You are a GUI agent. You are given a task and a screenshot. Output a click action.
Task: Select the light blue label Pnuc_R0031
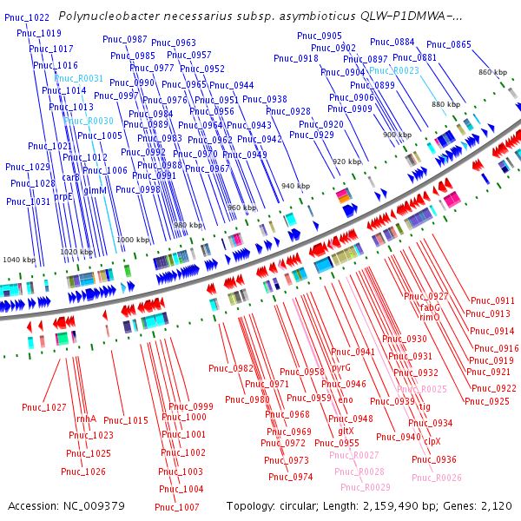point(79,78)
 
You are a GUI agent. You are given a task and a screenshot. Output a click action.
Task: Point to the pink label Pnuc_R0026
point(437,478)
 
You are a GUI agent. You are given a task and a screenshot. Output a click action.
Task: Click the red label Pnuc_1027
point(44,407)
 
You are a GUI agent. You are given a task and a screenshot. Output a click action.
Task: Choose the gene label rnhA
point(86,419)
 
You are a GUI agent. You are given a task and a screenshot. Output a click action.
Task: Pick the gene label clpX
point(432,441)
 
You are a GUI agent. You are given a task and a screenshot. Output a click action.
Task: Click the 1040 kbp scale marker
point(18,260)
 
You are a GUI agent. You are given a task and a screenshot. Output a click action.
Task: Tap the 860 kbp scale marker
point(492,72)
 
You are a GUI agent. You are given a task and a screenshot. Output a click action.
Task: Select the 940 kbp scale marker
point(295,187)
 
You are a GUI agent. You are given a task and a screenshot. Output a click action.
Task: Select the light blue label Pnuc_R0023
point(394,70)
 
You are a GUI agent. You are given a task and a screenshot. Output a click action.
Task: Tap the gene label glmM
point(96,190)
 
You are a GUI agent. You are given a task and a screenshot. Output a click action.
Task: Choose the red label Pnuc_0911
point(492,300)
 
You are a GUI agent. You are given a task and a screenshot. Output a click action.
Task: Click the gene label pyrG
point(340,367)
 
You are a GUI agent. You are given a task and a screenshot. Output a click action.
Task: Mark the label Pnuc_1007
point(177,507)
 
